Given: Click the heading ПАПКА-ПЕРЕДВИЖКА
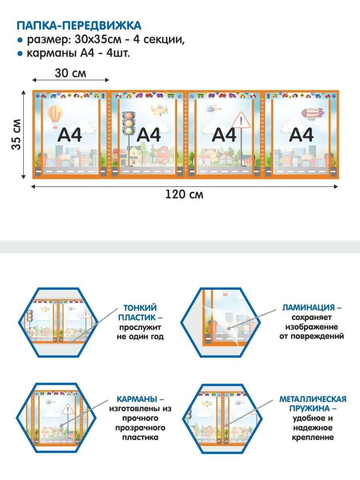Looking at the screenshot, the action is [x=79, y=26].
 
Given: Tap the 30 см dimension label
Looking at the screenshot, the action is [x=70, y=73].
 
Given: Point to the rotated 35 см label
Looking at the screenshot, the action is [x=16, y=134].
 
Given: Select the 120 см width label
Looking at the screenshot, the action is [x=184, y=194].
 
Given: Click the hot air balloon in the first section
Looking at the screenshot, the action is [x=55, y=116].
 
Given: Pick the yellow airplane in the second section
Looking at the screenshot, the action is [x=159, y=110].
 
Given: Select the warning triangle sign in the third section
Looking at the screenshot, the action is [x=241, y=120].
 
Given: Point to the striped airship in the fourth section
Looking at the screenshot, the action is [x=312, y=114].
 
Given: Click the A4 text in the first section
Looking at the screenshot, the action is [x=70, y=135].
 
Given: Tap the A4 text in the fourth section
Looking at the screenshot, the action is [x=301, y=135].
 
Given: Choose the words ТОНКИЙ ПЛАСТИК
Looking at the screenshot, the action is [x=140, y=312].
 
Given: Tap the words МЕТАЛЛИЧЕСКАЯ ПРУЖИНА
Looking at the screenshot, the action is [x=313, y=404].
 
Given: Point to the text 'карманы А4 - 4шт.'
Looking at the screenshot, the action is [x=78, y=53].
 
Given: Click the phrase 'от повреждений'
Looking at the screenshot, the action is [x=312, y=336].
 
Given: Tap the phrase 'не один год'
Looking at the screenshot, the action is [x=140, y=336].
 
